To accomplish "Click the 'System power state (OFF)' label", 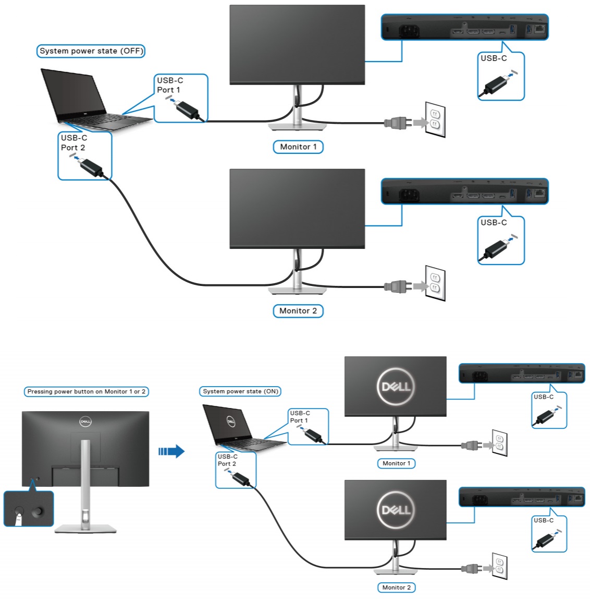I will click(x=91, y=51).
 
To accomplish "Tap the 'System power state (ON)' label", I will click(x=240, y=391).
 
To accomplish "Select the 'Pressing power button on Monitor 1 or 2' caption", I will click(x=86, y=391).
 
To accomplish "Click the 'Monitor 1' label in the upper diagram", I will click(x=298, y=147).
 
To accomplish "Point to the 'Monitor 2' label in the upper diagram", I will click(x=298, y=311).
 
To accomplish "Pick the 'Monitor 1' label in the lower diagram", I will click(x=396, y=463).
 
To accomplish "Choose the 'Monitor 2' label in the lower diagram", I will click(x=396, y=587).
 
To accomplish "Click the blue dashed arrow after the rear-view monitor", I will click(x=171, y=451).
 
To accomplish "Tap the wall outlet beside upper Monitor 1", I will click(x=435, y=119).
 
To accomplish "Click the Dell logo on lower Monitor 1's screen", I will click(x=396, y=387).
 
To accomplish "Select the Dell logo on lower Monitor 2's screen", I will click(x=396, y=510).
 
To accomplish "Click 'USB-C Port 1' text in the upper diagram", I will click(x=169, y=85).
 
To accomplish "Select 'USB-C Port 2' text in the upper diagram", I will click(x=73, y=142).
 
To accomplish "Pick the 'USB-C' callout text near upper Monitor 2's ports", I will click(x=493, y=223).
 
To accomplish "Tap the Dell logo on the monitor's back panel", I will click(x=85, y=422).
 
